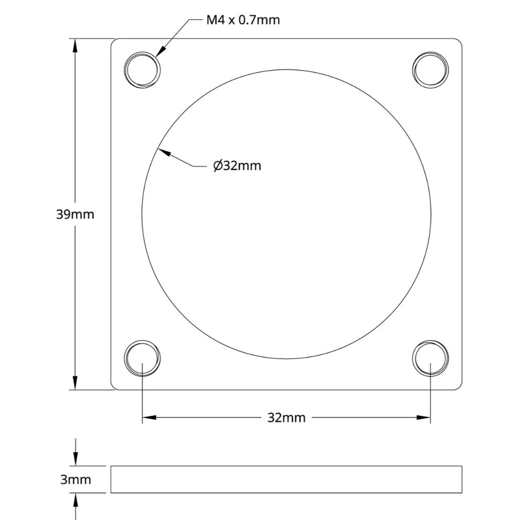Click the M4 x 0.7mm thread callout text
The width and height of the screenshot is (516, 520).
pyautogui.click(x=243, y=20)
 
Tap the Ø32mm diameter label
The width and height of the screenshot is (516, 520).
pyautogui.click(x=237, y=165)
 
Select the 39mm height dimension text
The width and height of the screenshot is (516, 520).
pyautogui.click(x=75, y=214)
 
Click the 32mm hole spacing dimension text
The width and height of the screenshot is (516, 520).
pyautogui.click(x=286, y=417)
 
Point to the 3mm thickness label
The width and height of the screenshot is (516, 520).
pyautogui.click(x=76, y=479)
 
